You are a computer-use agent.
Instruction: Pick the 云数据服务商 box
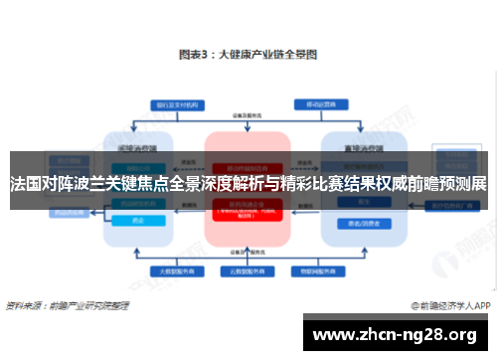tap(248, 270)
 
